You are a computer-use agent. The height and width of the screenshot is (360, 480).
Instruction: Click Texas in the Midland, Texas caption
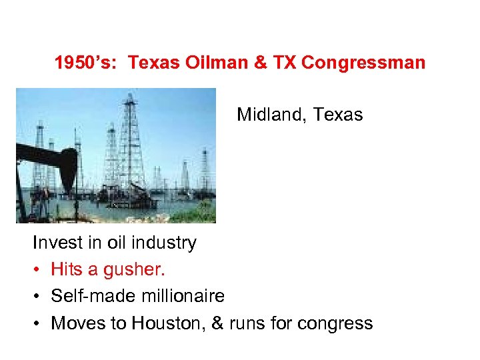(338, 115)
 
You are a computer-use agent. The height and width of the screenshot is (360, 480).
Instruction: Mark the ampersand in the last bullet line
(217, 323)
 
